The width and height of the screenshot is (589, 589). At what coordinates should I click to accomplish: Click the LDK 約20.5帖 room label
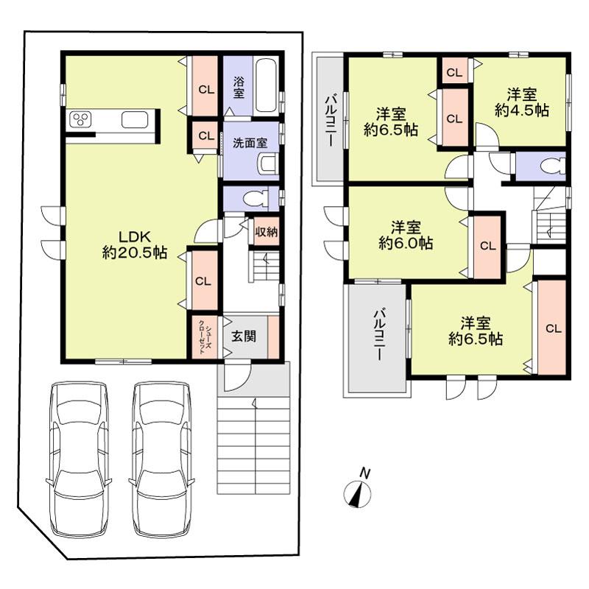coord(134,244)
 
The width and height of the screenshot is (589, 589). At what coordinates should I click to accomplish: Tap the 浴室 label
coord(239,85)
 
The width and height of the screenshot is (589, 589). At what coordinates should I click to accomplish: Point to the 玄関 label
coord(244,336)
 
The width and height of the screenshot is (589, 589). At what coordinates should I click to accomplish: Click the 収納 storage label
coord(267,232)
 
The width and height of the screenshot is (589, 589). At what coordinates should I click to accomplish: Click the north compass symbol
coord(358,491)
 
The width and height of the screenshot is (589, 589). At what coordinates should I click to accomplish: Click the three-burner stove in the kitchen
coord(81,120)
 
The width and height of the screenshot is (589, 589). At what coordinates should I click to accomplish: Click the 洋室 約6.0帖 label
coord(405,234)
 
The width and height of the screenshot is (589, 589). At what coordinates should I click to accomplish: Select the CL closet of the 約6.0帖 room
coord(487,246)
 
